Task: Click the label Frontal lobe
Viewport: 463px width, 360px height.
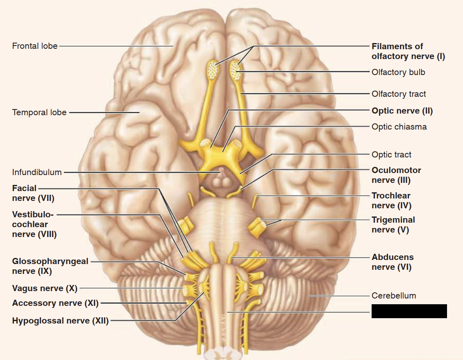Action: point(35,46)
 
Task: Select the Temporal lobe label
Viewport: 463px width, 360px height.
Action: point(39,112)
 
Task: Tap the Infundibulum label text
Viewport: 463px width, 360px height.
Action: point(37,172)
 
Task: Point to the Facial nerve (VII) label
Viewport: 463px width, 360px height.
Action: point(33,193)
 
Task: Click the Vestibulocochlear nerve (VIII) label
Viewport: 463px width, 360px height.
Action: point(34,224)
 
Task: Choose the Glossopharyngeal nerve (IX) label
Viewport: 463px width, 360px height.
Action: point(50,266)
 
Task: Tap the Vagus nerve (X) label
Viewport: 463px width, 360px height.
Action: point(45,288)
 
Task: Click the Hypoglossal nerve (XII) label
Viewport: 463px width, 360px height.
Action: point(60,321)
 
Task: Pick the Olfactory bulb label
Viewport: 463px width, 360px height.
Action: point(398,72)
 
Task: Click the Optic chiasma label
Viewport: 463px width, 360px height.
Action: point(399,127)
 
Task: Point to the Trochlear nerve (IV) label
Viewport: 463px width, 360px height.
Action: point(391,201)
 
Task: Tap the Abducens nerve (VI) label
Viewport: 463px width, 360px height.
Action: point(393,262)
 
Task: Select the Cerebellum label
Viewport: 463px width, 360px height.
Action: point(393,296)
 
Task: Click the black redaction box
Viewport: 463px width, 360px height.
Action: point(409,311)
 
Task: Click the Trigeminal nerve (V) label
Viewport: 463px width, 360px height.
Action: point(393,225)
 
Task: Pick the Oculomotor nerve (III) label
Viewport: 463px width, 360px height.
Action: point(396,175)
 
